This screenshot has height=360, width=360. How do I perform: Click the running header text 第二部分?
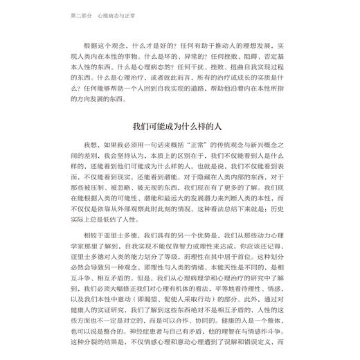(83, 15)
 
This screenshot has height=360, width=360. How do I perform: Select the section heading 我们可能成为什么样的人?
(181, 127)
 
